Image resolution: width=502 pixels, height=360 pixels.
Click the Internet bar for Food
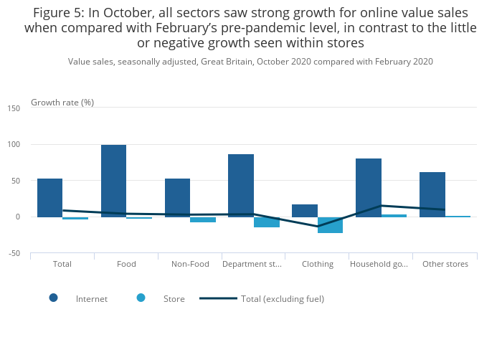pyautogui.click(x=113, y=181)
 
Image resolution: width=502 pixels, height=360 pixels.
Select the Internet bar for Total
pyautogui.click(x=49, y=198)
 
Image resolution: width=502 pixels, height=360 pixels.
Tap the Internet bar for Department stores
pyautogui.click(x=241, y=186)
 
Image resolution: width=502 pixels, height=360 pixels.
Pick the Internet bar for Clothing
pyautogui.click(x=305, y=211)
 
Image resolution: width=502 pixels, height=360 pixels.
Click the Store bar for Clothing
pyautogui.click(x=330, y=224)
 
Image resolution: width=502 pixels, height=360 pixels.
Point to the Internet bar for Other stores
pyautogui.click(x=432, y=194)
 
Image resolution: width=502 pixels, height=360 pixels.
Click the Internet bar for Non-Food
pyautogui.click(x=177, y=198)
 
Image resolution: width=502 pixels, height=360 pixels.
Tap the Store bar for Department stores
pyautogui.click(x=266, y=222)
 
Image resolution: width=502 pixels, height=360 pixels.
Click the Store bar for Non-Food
pyautogui.click(x=203, y=219)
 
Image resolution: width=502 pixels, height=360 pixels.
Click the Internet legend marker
pyautogui.click(x=54, y=298)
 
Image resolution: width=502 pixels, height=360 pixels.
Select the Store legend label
pyautogui.click(x=174, y=299)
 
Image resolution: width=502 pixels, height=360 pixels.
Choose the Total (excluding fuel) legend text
pyautogui.click(x=283, y=299)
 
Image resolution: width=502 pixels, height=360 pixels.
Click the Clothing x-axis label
pyautogui.click(x=318, y=264)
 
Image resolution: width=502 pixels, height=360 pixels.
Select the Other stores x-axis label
pyautogui.click(x=445, y=264)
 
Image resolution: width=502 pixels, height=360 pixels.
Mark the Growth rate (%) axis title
pyautogui.click(x=62, y=103)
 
